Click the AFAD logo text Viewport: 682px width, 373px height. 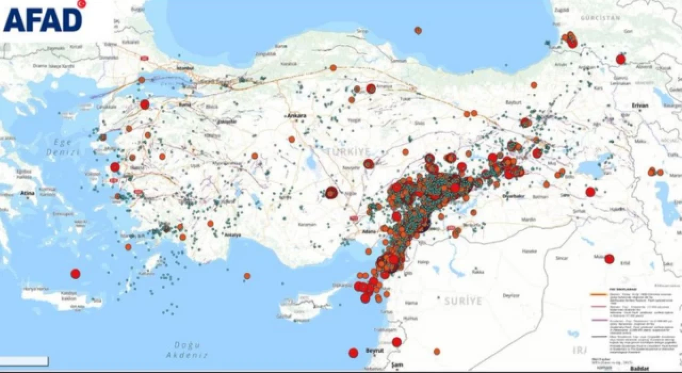point(43,19)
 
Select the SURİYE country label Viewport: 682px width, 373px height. point(463,301)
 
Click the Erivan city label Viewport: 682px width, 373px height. point(640,106)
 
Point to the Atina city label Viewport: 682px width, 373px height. point(28,193)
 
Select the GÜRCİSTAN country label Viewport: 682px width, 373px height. point(603,18)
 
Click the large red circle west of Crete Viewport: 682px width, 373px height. point(75,274)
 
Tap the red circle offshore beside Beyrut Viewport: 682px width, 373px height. point(353,353)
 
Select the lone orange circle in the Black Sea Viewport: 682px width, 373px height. point(418,30)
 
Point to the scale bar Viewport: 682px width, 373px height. point(24,361)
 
